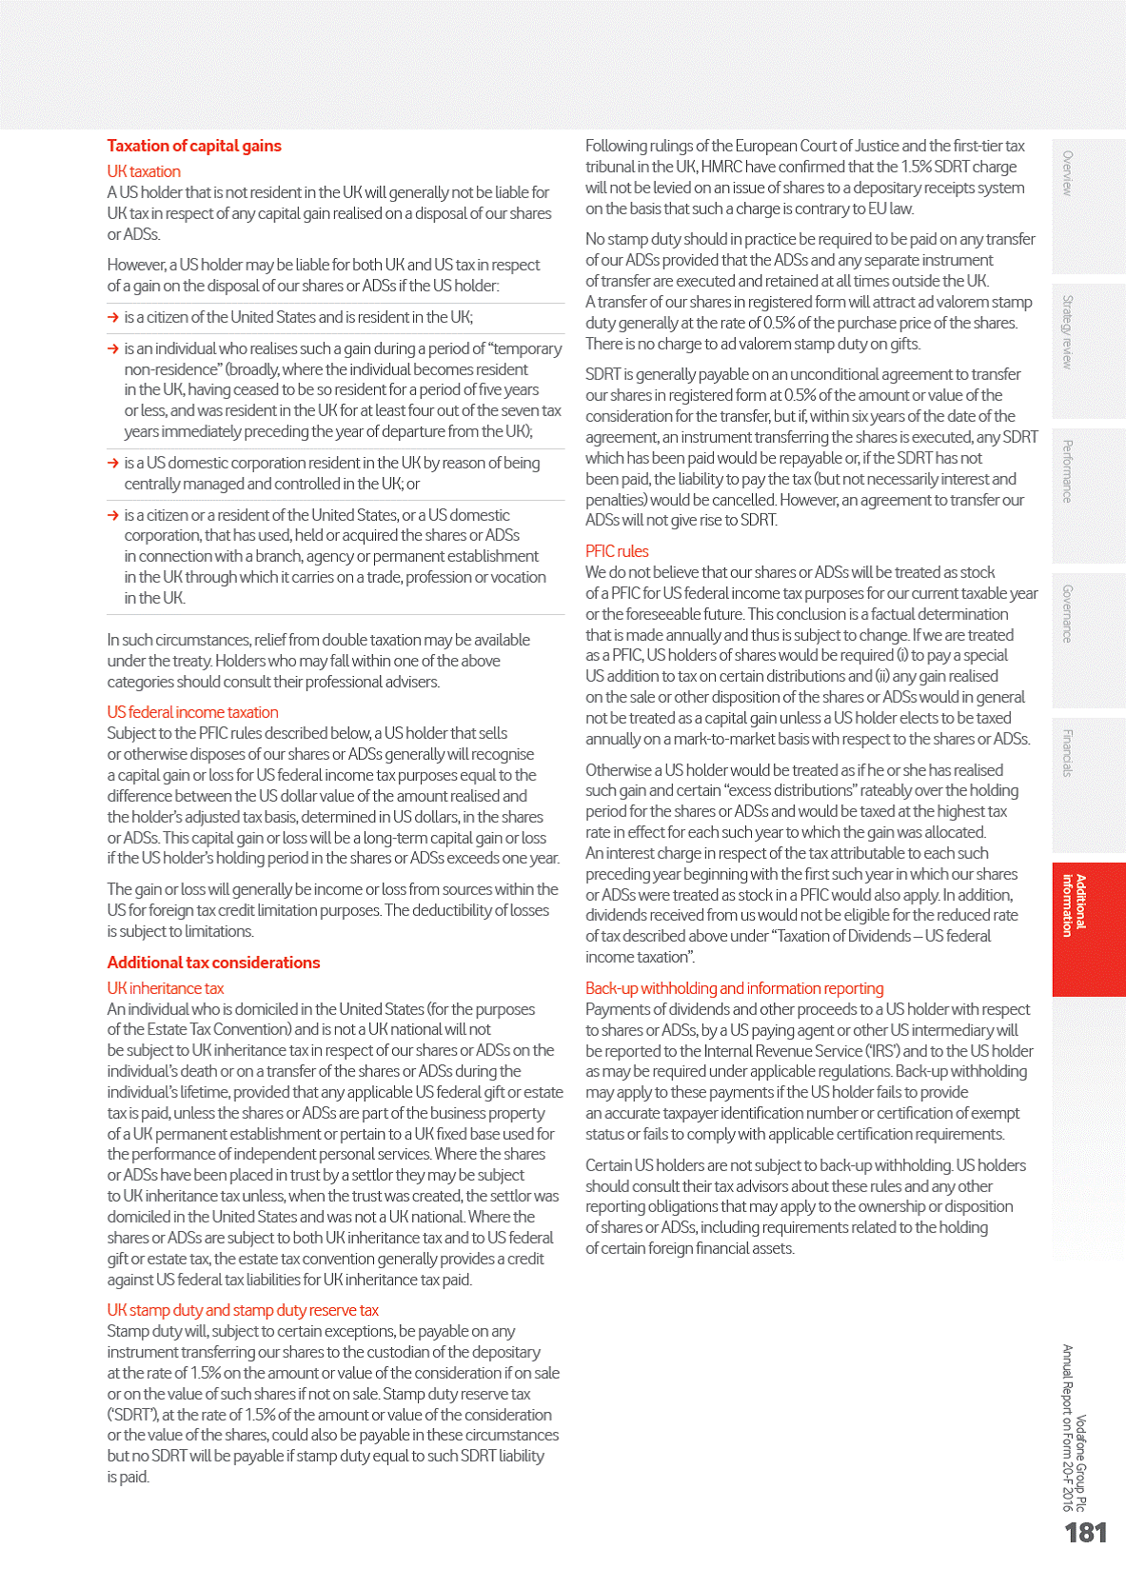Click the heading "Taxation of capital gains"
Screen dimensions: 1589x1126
194,146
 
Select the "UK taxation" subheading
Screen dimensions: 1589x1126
144,171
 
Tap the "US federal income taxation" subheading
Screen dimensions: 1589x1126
192,712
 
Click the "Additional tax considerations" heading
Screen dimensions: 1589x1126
213,963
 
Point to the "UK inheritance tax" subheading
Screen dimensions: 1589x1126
166,988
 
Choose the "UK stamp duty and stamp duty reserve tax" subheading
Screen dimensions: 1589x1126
243,1310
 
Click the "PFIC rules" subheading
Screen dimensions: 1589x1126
617,551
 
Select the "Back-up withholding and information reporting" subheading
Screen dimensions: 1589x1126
734,988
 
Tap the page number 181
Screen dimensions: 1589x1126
1085,1533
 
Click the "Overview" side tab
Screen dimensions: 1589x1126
1068,173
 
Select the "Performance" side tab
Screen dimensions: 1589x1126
1068,471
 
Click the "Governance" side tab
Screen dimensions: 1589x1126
1068,614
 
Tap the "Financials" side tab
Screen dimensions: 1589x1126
1068,752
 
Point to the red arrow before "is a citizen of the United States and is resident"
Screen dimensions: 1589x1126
113,317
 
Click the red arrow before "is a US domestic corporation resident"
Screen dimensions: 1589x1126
113,463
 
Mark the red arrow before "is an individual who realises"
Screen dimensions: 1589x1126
113,348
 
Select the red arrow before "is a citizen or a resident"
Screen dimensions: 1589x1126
113,515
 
